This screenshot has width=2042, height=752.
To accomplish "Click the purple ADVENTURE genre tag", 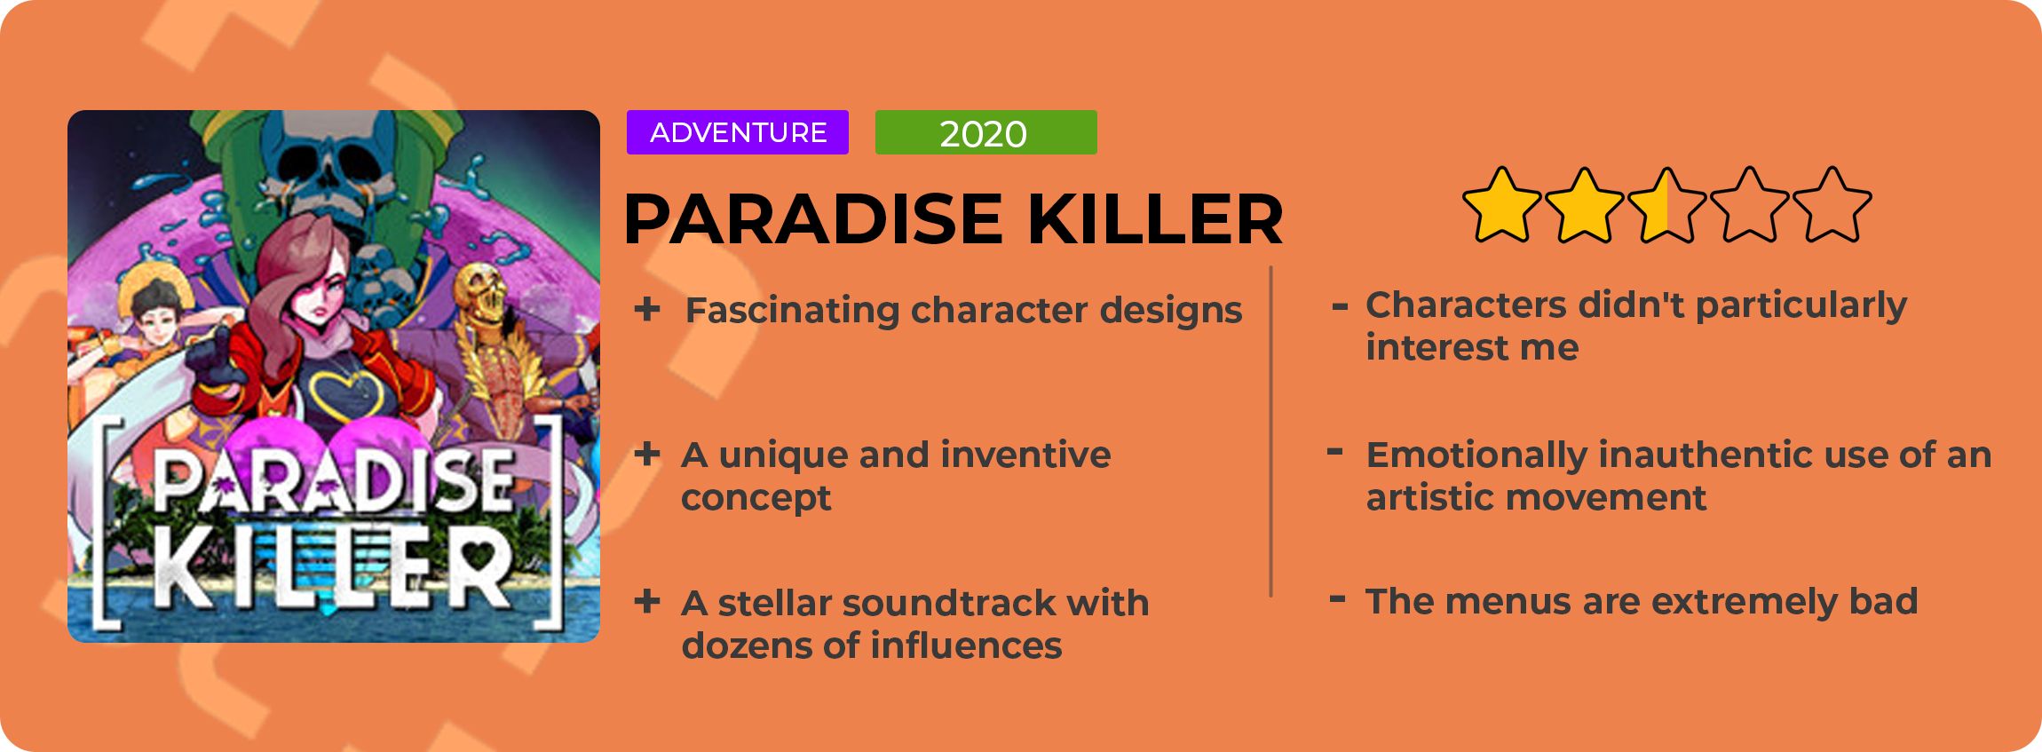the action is pos(737,132).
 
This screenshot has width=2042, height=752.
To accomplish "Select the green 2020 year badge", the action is pos(985,132).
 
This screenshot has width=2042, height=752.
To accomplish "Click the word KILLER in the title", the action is pos(1155,218).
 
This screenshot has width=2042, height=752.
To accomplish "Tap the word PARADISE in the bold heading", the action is pos(813,218).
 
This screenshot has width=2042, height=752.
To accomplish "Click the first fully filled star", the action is pos(1501,205).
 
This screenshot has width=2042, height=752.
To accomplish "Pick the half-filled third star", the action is pos(1666,205).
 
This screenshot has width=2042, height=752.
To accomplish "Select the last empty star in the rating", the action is pos(1832,205).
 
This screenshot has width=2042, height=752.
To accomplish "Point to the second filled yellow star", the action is pos(1584,205).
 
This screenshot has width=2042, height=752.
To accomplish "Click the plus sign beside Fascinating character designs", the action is pos(647,309).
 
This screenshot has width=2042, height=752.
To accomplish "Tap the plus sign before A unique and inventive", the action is pos(647,455).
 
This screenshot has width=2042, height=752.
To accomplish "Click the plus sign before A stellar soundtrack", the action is pos(647,601).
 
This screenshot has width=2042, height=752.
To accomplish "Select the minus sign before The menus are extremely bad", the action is pos(1337,599).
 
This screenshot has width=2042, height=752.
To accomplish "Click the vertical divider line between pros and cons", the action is pos(1271,431).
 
